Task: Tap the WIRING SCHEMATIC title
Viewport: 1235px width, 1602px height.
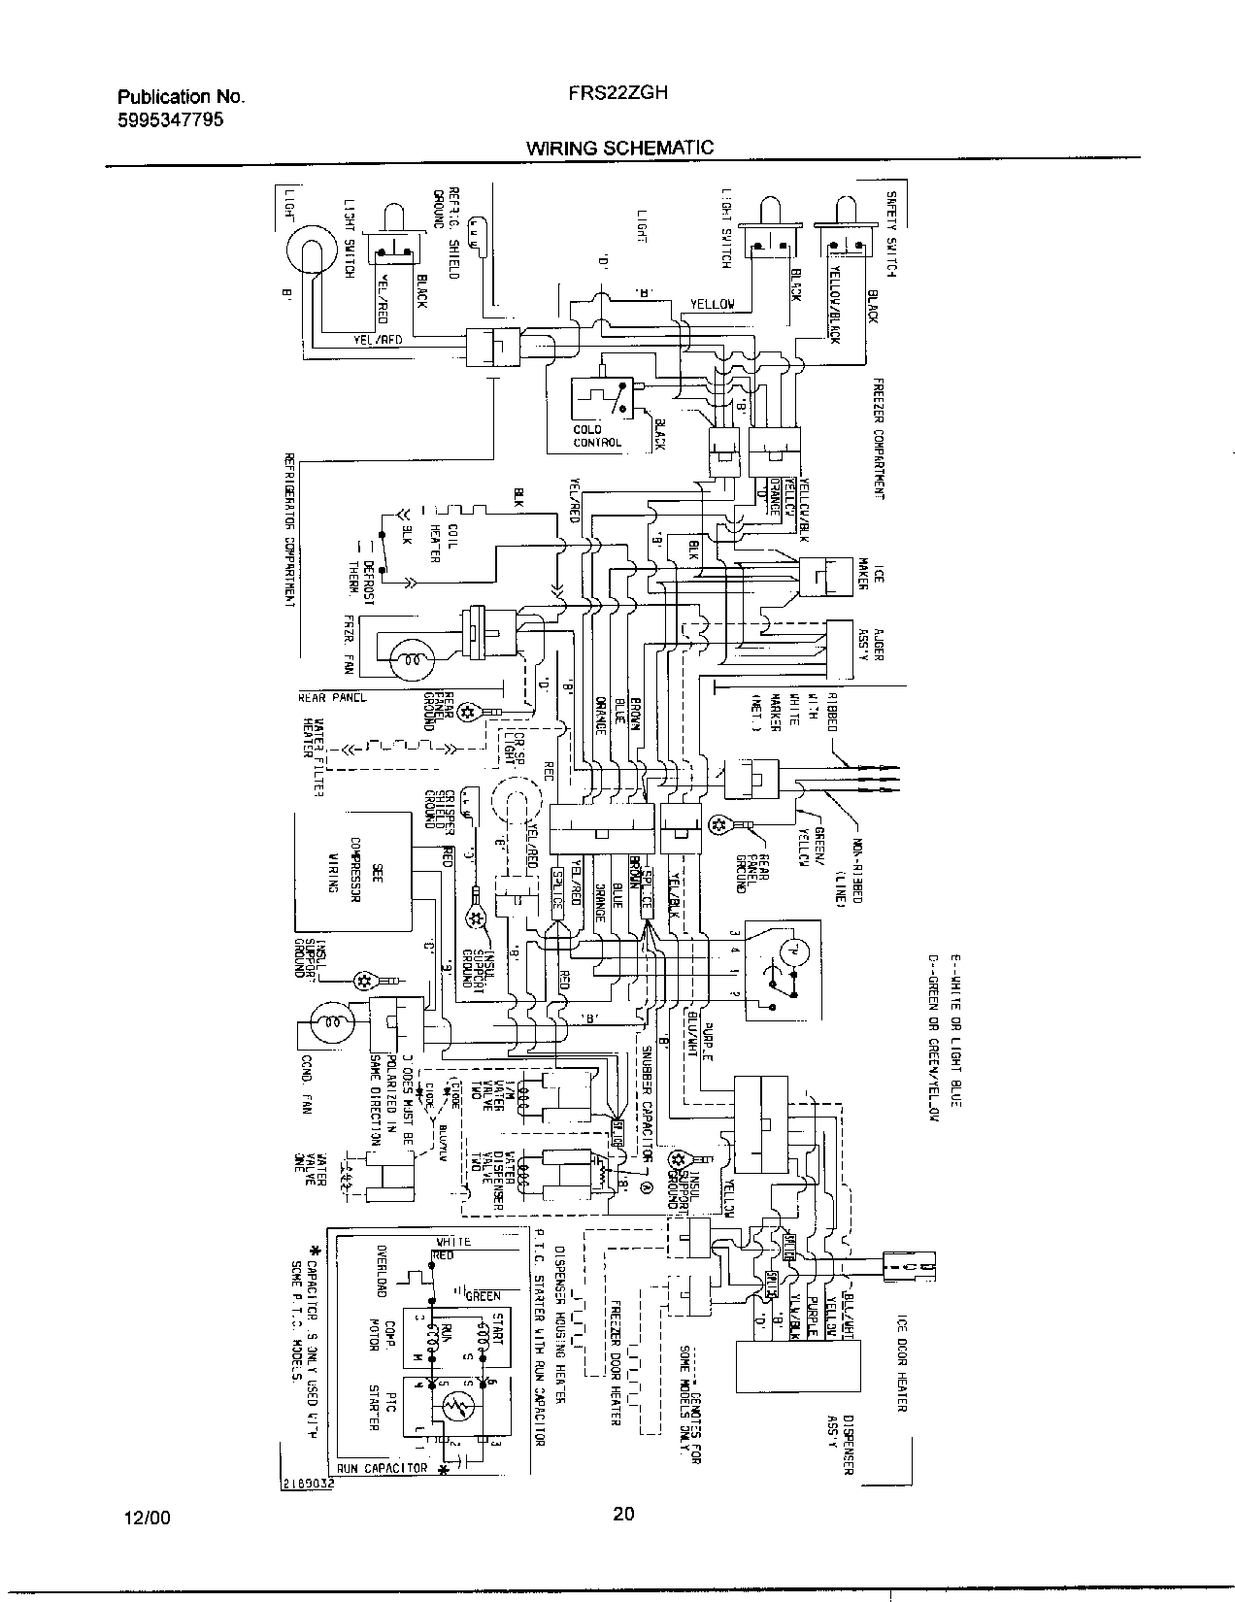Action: [x=619, y=148]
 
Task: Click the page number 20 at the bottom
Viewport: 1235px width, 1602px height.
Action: [x=623, y=1512]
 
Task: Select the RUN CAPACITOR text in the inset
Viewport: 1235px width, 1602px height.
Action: [x=383, y=1468]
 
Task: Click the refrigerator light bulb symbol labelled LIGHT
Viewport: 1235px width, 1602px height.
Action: [x=309, y=254]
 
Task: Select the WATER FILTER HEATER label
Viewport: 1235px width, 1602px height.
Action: [x=312, y=756]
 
